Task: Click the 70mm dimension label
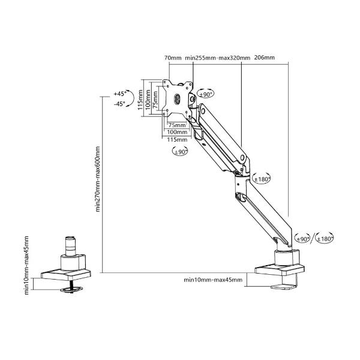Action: [x=172, y=58]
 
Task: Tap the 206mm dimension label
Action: [x=264, y=58]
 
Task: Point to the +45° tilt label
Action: [x=119, y=94]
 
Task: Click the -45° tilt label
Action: [x=119, y=104]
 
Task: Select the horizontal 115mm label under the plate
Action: [x=176, y=139]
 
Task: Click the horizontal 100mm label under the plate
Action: [x=176, y=132]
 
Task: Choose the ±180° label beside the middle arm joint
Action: [x=262, y=179]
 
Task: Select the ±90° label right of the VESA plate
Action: [x=205, y=94]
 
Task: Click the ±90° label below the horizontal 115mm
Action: [x=181, y=152]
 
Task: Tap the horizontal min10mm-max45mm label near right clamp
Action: [x=214, y=280]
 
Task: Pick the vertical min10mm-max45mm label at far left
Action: [x=27, y=264]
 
